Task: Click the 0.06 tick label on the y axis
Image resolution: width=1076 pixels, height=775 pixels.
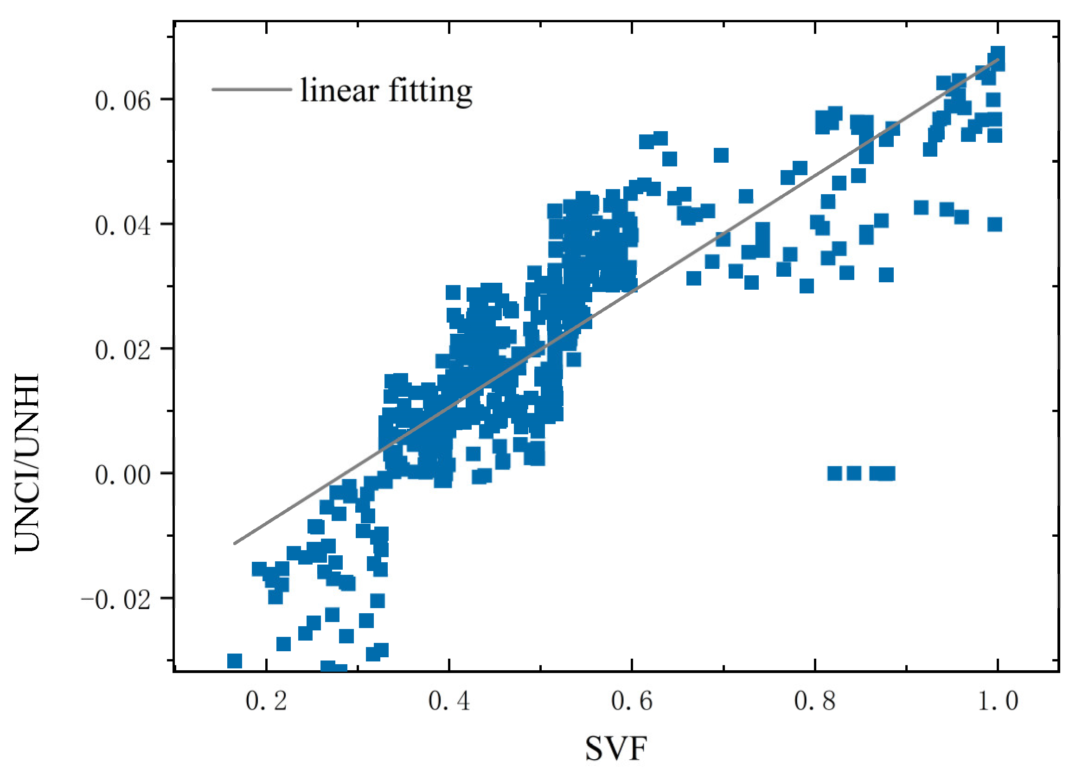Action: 122,101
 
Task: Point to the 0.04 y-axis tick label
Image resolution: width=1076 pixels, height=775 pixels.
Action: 122,225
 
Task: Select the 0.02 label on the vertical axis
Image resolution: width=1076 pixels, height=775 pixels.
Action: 122,350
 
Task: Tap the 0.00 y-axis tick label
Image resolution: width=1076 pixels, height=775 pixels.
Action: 122,475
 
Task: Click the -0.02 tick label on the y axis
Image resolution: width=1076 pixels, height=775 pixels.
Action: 116,600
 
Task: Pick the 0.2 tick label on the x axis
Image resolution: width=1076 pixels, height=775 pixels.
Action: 266,701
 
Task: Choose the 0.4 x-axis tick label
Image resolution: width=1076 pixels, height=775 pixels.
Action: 449,701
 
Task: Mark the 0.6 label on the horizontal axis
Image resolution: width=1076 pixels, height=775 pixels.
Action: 632,701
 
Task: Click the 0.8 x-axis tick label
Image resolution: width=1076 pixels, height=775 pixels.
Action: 814,701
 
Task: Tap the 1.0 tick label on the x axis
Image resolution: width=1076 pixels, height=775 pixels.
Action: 998,701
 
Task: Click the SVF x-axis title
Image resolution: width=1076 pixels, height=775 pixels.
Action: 616,749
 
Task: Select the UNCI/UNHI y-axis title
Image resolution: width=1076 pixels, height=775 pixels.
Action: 27,463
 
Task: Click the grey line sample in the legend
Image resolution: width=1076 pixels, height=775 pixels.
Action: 251,89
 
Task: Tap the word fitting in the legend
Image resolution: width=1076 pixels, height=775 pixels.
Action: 430,91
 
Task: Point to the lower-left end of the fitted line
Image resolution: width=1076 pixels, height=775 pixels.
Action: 235,543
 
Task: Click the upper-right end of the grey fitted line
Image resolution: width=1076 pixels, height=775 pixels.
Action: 998,60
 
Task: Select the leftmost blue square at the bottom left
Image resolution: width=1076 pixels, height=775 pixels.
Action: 234,661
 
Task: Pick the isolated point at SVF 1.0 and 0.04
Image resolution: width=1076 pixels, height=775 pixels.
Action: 994,224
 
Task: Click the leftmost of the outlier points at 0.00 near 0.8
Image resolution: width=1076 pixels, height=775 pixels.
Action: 834,473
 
